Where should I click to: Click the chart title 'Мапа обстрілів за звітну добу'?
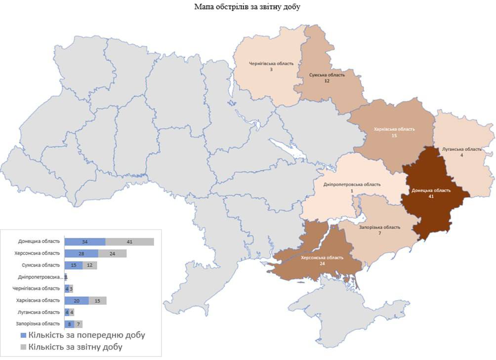click(248, 7)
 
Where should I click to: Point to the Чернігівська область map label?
click(270, 64)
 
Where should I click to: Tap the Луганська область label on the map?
click(461, 149)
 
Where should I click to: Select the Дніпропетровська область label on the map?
click(352, 184)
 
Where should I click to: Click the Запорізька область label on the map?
click(379, 227)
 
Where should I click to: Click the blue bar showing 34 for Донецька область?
click(85, 241)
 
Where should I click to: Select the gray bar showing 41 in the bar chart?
click(129, 241)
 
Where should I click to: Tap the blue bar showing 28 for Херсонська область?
click(81, 253)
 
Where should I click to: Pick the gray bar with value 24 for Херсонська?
click(112, 253)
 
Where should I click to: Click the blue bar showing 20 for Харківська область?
click(77, 300)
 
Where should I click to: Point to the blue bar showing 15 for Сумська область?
click(74, 265)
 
